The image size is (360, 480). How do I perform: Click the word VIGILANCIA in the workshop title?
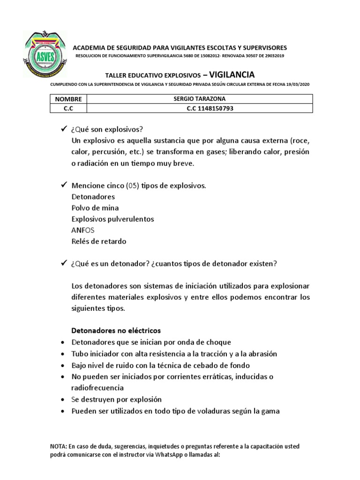232,74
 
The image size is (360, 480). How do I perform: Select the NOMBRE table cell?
68,99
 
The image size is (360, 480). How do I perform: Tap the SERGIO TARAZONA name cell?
200,99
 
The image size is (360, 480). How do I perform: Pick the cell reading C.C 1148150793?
200,108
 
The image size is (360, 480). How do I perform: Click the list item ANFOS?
83,230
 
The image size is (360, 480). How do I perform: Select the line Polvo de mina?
95,208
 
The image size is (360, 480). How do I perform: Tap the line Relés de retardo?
99,241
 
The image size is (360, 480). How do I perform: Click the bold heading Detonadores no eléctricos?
116,330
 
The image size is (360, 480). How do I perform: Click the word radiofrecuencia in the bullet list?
97,388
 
